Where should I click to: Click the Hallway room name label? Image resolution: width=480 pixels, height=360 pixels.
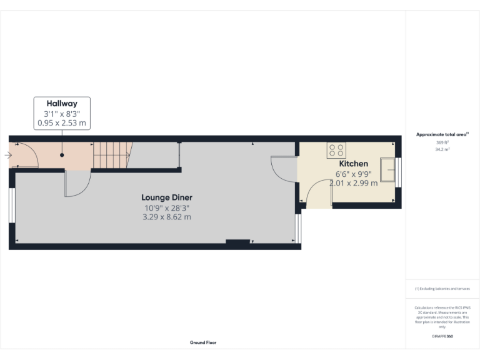pos(62,104)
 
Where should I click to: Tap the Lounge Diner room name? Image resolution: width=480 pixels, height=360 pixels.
pos(166,197)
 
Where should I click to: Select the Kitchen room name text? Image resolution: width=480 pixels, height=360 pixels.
pos(353,164)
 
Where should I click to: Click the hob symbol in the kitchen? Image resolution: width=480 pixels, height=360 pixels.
pos(336,150)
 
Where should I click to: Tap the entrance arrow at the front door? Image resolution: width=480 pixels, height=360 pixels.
pos(8,155)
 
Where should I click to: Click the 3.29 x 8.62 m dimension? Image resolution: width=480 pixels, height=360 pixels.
pos(166,217)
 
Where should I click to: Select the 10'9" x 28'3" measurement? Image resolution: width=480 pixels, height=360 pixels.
pos(166,207)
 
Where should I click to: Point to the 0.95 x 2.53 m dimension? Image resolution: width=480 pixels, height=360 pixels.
pos(62,123)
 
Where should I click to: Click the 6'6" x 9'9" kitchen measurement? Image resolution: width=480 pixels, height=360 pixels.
pos(353,174)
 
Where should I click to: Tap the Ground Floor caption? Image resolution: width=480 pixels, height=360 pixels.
pos(203,342)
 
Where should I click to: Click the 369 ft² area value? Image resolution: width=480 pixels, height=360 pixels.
pos(442,142)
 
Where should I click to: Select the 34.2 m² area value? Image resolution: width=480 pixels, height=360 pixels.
pos(442,149)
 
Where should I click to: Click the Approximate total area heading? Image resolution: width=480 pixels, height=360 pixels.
pos(441,134)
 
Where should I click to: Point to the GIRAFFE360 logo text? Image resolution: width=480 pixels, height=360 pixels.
pos(442,336)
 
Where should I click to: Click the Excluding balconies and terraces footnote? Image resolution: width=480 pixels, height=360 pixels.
pos(442,289)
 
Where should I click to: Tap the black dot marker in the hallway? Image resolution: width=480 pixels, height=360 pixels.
pos(62,154)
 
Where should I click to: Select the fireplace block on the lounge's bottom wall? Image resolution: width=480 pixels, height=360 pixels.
pos(237,241)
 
